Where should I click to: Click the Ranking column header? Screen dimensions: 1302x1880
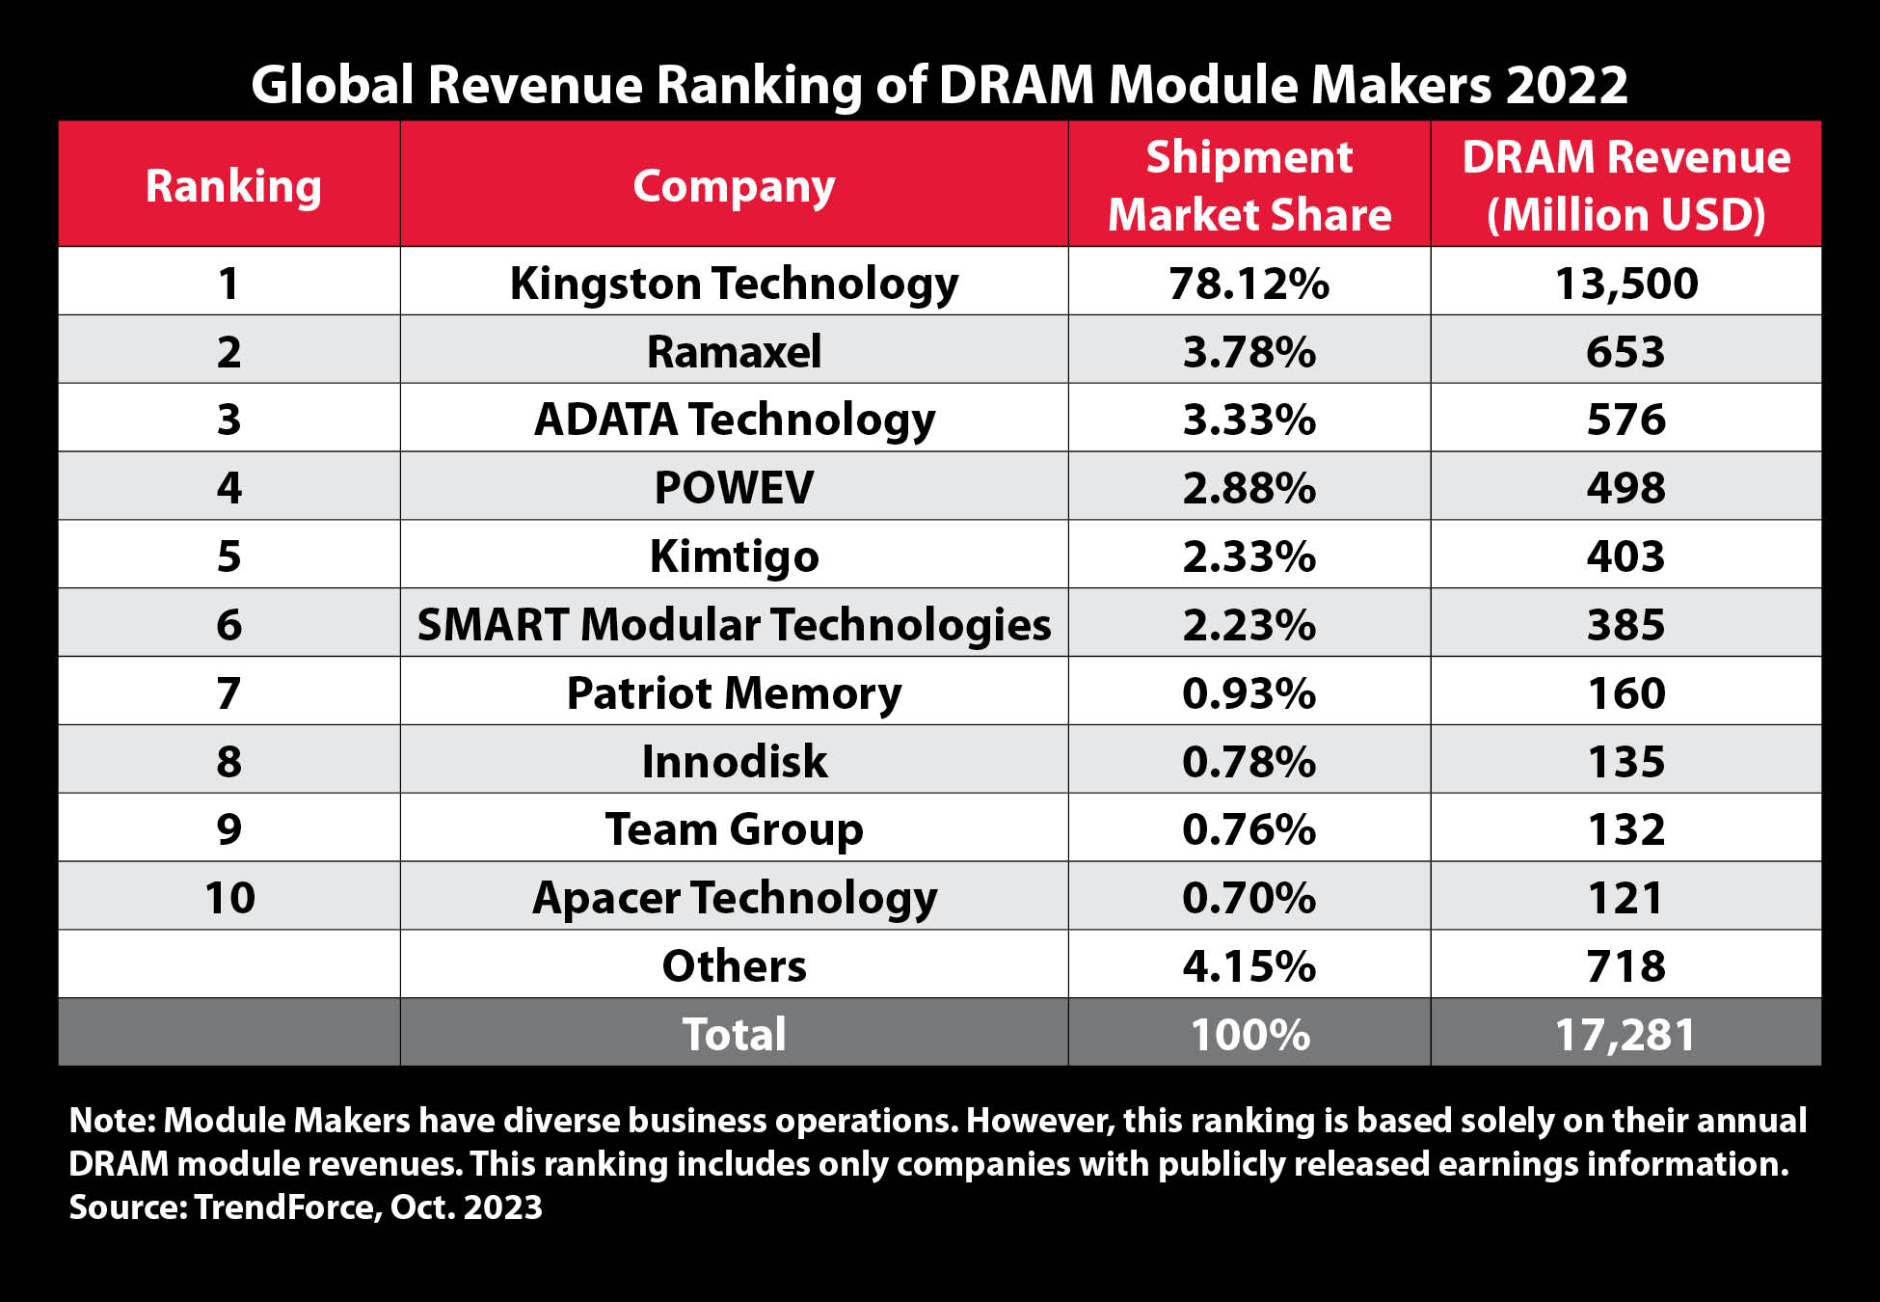(x=232, y=185)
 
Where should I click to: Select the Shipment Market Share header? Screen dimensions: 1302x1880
(x=1249, y=185)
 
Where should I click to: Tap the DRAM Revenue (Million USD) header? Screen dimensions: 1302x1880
(x=1625, y=185)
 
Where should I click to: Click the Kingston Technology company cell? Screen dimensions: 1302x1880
(x=734, y=283)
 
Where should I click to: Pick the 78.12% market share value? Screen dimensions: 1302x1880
(x=1249, y=284)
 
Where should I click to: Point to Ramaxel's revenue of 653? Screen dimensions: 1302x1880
(x=1625, y=351)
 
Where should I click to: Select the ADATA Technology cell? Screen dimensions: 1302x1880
(x=734, y=420)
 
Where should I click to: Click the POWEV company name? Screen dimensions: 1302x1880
(x=734, y=487)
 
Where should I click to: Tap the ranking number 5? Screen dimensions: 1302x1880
(x=228, y=556)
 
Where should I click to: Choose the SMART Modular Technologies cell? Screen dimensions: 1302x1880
(x=734, y=624)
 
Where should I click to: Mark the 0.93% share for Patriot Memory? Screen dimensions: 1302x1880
(x=1249, y=693)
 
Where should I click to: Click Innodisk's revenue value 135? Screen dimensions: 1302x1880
(x=1625, y=761)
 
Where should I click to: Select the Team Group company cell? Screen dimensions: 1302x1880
(x=734, y=829)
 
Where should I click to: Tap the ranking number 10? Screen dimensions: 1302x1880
(x=229, y=898)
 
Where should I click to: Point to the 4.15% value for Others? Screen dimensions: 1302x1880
(x=1249, y=965)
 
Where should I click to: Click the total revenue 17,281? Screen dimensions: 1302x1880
(x=1625, y=1034)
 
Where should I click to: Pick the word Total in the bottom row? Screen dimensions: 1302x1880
(x=734, y=1034)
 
